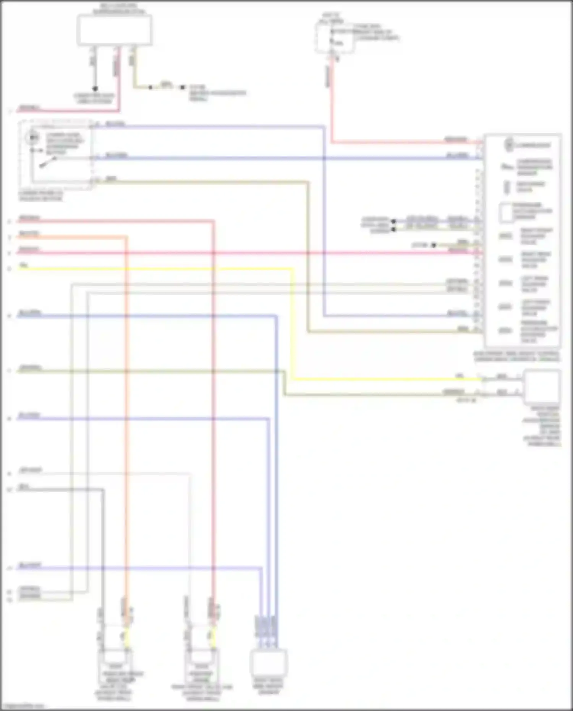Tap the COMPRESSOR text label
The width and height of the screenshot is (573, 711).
533,145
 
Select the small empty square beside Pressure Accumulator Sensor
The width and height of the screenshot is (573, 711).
507,212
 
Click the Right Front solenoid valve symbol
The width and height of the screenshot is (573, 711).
505,236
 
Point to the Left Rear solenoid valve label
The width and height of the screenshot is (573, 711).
534,284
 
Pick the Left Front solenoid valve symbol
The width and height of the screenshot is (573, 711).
505,307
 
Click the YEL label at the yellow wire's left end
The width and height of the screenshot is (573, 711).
24,265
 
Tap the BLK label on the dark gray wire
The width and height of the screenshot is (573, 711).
24,486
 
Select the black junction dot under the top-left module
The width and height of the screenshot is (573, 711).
95,88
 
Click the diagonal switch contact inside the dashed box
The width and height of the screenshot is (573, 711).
44,164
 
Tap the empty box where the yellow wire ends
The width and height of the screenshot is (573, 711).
541,387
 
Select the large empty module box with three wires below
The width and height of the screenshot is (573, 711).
114,30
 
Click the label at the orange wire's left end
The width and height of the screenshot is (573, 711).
29,233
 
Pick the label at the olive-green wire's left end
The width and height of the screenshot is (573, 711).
31,368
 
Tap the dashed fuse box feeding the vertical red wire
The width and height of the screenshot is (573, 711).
334,37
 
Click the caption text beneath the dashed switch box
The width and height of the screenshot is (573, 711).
40,196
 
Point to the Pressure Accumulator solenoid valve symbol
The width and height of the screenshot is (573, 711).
505,331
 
